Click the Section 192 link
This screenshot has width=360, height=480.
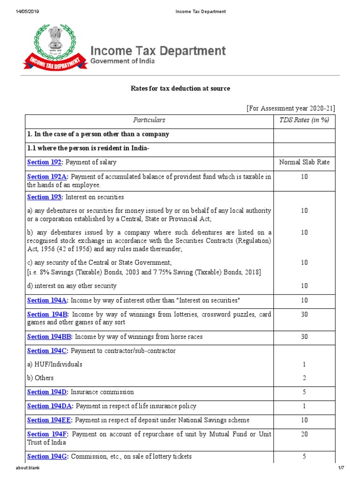point(45,162)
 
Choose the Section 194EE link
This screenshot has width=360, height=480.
point(49,420)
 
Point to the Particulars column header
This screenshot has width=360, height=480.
point(149,120)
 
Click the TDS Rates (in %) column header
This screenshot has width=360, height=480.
point(304,120)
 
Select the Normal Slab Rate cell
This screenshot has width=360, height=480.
point(304,162)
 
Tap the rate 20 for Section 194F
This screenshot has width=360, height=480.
point(304,434)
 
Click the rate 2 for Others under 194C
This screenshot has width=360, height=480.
point(304,378)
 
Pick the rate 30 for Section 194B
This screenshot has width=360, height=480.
point(304,314)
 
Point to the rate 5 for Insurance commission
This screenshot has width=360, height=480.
point(304,392)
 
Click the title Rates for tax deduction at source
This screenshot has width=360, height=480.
point(180,89)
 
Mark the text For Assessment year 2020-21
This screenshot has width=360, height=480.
point(291,108)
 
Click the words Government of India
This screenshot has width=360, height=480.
point(122,61)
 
